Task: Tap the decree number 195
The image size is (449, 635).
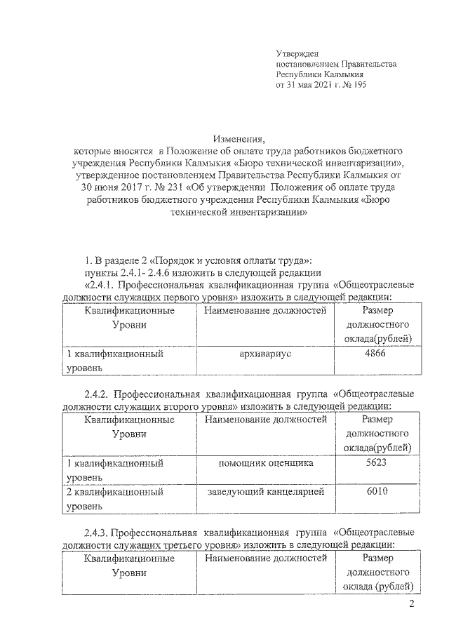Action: tap(358, 84)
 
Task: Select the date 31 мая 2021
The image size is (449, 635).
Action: tap(310, 84)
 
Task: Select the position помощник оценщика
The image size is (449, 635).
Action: tap(265, 464)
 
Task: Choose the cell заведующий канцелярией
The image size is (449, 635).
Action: tap(265, 493)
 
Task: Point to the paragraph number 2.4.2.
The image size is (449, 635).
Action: tap(97, 394)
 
